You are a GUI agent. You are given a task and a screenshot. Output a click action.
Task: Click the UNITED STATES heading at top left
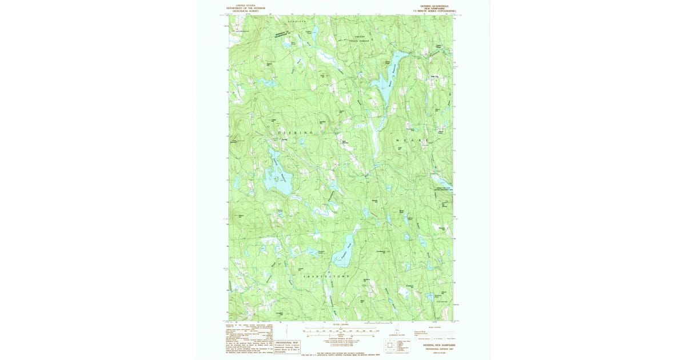coord(246,5)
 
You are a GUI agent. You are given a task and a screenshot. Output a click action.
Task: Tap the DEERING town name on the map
coord(297,133)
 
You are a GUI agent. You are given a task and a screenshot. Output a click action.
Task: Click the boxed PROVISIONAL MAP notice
coord(288,347)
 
